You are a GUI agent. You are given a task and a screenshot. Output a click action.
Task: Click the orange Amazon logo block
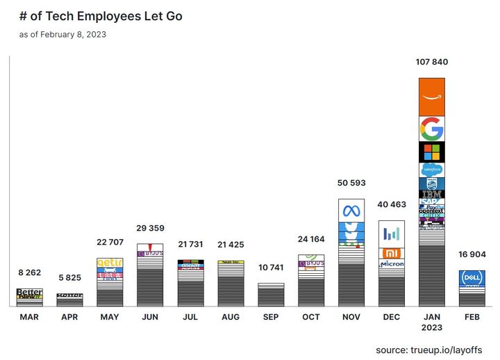432,97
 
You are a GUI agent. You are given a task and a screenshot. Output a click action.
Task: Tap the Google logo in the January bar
432,129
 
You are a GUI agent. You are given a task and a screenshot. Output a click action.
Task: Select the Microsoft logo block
432,152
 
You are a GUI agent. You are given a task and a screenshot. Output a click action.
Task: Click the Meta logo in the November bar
351,211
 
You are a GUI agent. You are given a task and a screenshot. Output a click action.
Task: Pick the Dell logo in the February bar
472,278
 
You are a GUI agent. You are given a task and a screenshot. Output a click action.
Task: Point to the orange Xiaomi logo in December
392,253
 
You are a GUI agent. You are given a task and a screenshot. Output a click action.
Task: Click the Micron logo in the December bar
392,265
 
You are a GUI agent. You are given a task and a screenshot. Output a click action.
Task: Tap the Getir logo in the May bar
110,263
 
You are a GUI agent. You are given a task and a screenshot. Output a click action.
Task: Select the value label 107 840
432,62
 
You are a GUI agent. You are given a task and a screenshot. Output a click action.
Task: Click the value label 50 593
351,183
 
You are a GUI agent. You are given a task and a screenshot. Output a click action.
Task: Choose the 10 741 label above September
271,268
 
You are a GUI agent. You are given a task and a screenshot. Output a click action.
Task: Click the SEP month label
271,317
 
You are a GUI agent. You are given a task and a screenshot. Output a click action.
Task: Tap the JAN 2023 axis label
432,322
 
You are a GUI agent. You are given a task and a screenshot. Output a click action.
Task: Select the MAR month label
29,317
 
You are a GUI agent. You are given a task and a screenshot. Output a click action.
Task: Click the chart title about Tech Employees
101,15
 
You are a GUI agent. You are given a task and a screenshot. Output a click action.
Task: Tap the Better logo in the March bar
29,292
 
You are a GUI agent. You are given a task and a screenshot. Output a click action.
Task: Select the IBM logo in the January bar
432,193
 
